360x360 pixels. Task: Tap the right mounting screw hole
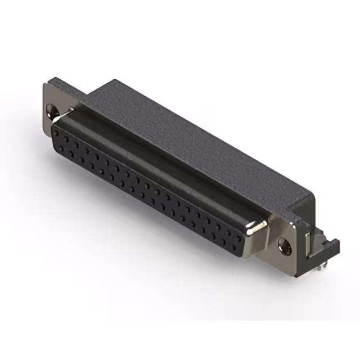[285, 244]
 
